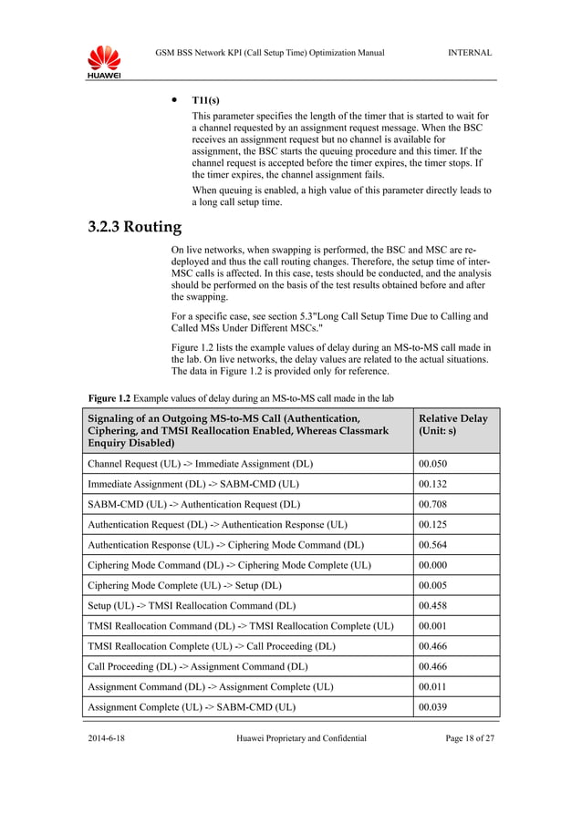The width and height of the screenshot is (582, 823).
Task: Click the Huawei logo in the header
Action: click(104, 61)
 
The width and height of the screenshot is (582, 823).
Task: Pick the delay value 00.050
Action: click(432, 464)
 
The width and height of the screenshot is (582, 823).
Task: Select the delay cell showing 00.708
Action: click(432, 504)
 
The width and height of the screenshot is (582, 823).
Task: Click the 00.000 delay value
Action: click(432, 565)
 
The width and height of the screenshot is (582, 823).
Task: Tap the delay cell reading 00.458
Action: click(432, 606)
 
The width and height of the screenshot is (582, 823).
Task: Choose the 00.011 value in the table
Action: click(432, 687)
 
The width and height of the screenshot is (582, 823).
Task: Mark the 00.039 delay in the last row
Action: click(432, 707)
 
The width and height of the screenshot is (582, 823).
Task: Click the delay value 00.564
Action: click(432, 545)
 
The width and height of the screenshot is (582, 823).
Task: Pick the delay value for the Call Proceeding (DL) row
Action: click(432, 667)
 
